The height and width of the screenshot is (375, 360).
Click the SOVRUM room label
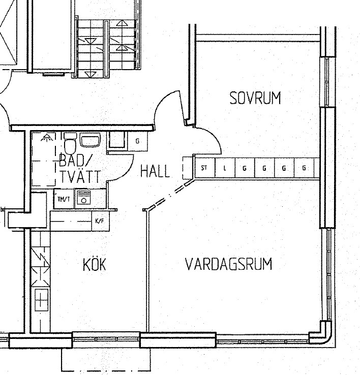pos(255,98)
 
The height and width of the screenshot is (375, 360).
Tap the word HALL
pos(155,171)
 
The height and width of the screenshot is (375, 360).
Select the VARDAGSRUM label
pos(229,264)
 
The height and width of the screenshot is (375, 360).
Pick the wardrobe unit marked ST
pos(205,168)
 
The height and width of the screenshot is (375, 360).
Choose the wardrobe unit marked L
pos(225,168)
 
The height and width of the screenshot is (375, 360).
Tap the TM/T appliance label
pos(64,199)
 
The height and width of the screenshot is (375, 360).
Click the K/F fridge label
pos(100,221)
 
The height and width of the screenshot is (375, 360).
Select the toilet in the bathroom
pos(70,144)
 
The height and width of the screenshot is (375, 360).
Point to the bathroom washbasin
pos(90,140)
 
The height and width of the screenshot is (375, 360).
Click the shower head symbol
pos(46,138)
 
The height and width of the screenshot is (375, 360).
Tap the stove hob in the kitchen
pos(41,300)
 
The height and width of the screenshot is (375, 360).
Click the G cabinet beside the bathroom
pos(138,141)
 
